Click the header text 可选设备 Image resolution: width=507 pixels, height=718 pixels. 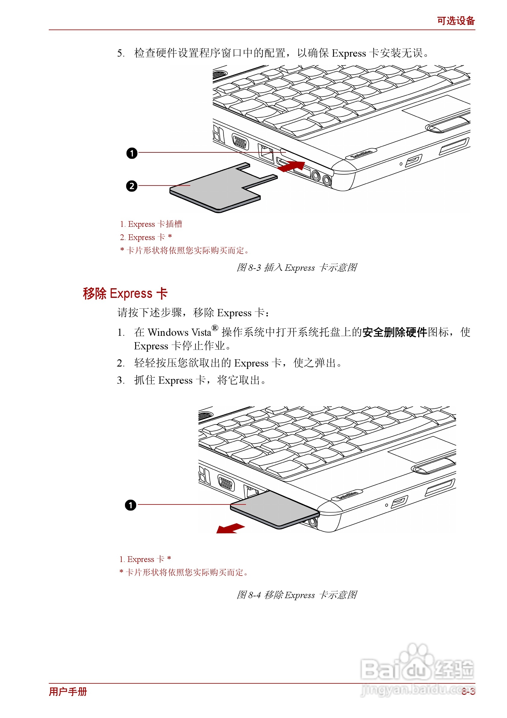[x=456, y=21]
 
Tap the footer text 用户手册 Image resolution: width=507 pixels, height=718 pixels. [x=68, y=691]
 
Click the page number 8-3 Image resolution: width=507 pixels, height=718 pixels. [x=468, y=691]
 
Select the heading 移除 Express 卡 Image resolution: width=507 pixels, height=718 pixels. [x=125, y=293]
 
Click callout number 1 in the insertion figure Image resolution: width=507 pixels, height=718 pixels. [x=132, y=153]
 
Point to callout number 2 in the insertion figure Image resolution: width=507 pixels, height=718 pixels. [x=132, y=186]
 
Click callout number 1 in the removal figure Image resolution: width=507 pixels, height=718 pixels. [x=131, y=505]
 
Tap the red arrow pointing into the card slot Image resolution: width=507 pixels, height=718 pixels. [x=291, y=166]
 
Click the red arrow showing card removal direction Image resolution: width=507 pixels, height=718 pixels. [x=230, y=529]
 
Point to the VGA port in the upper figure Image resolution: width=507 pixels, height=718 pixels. [x=240, y=142]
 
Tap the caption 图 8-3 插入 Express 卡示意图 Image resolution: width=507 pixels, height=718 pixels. [x=297, y=268]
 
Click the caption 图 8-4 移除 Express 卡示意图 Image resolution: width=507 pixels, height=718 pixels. [x=297, y=595]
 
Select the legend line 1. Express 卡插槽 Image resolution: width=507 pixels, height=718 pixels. [x=151, y=224]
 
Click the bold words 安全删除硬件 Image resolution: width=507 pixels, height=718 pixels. [x=394, y=332]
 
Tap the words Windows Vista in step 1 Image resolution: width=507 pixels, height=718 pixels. [x=179, y=332]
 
